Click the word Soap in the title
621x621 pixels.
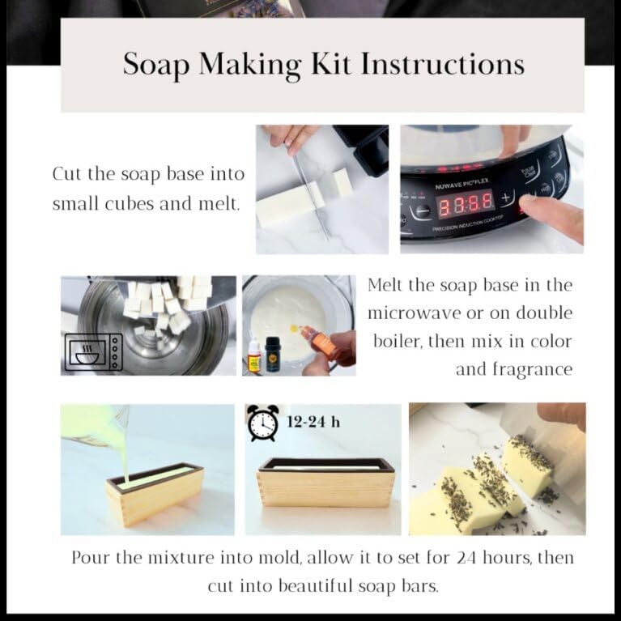pos(156,64)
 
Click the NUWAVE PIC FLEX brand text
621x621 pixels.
pos(461,184)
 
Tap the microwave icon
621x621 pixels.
pos(93,351)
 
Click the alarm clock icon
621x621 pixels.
pos(262,422)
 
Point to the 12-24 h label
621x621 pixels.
pos(313,422)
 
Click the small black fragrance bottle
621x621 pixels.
pos(273,354)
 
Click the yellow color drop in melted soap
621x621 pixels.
pos(294,328)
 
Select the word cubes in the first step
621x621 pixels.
pos(129,203)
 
